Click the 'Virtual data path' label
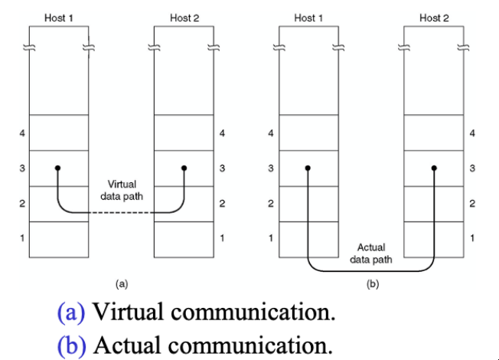coord(122,190)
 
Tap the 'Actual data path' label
coord(371,254)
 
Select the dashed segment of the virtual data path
coord(121,212)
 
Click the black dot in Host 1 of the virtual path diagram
coord(57,168)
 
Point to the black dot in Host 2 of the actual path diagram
coord(434,168)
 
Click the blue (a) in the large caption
coord(71,312)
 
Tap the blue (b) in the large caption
coord(72,345)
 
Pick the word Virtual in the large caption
coord(129,311)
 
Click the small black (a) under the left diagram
coord(122,284)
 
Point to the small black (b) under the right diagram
coord(373,284)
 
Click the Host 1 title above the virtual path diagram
coord(59,18)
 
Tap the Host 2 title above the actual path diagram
coord(434,18)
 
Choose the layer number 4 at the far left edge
coord(22,133)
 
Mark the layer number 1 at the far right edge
coord(472,237)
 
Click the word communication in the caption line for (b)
coord(250,345)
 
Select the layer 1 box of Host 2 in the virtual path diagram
coord(184,240)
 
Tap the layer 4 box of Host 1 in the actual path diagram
coord(308,133)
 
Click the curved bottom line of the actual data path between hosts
coord(371,271)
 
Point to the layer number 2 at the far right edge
coord(472,203)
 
